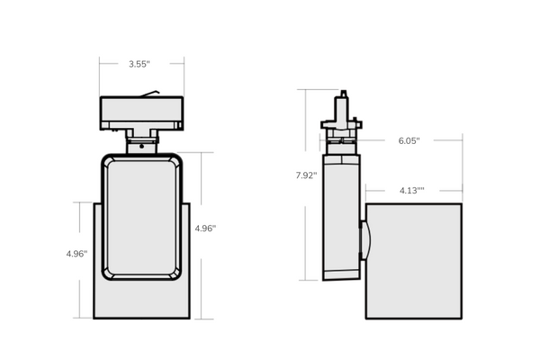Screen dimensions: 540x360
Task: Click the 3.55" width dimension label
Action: pos(139,64)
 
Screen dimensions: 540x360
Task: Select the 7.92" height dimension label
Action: pos(306,175)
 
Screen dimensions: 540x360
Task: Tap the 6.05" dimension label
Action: pos(409,140)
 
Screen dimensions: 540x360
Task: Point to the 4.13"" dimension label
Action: pos(412,191)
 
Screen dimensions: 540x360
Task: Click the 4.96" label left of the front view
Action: pos(76,254)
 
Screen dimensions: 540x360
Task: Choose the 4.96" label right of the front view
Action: pos(205,229)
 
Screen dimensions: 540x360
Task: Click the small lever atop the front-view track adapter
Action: pos(149,94)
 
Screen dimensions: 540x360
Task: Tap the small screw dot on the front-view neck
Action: pos(142,147)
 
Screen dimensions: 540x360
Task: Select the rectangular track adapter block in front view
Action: pos(141,113)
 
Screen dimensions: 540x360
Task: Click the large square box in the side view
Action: pos(414,261)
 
